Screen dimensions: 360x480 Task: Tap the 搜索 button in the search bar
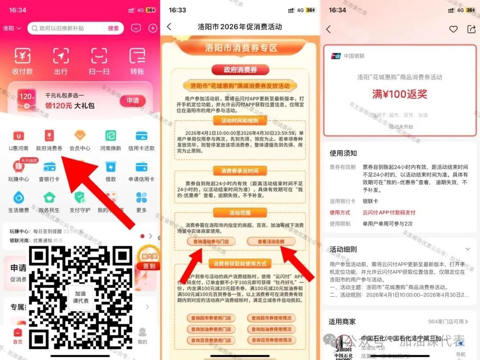[113, 28]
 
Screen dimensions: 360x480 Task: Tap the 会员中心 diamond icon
[80, 136]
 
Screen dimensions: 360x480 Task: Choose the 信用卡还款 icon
[141, 136]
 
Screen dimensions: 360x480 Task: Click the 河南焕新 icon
[111, 136]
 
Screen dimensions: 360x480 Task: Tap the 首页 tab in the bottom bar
[18, 336]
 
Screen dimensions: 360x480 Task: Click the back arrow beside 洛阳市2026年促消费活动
[169, 27]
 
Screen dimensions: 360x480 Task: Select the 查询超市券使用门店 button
[211, 318]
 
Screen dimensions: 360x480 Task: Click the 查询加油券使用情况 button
[271, 329]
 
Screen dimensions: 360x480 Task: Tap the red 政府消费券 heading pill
[240, 70]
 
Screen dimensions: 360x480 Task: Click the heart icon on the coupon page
[453, 29]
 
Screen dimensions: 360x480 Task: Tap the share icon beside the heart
[471, 29]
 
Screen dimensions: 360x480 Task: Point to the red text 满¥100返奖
[399, 94]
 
